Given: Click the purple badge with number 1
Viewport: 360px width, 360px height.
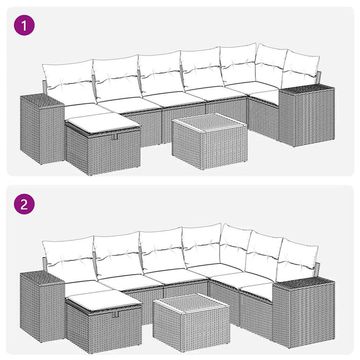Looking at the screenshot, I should pyautogui.click(x=25, y=25).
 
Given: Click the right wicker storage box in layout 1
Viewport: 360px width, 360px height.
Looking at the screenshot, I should pyautogui.click(x=307, y=116).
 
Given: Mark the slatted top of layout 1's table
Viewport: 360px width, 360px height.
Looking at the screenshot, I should pyautogui.click(x=201, y=123).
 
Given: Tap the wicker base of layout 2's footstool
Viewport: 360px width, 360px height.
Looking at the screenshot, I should pyautogui.click(x=103, y=329).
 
